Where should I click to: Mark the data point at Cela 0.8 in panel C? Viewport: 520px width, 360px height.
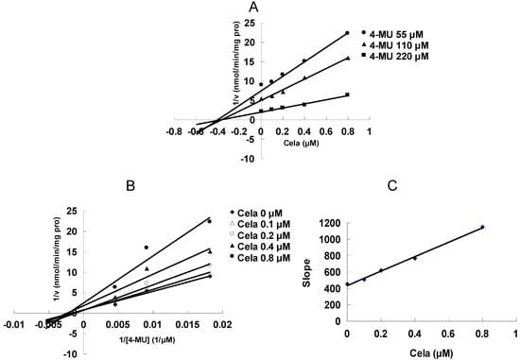pos(481,227)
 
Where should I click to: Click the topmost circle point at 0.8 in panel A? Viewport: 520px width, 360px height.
pos(347,33)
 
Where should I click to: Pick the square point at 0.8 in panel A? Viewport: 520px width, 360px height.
pos(347,94)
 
